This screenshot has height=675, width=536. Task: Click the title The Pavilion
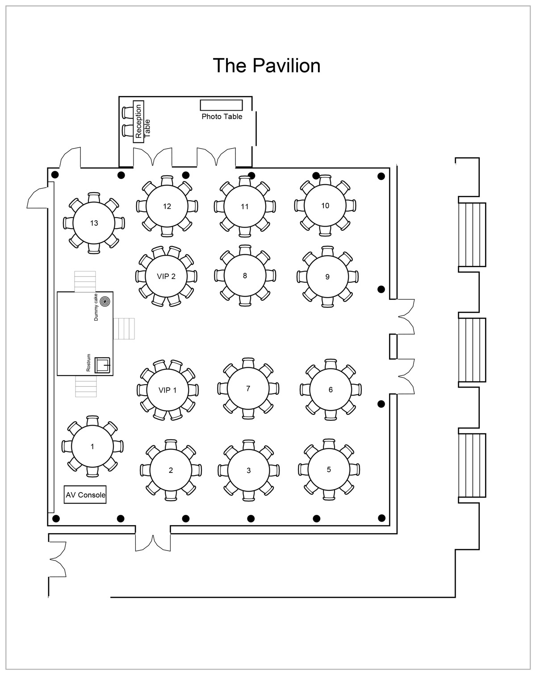pyautogui.click(x=267, y=65)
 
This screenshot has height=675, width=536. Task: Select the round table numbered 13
pyautogui.click(x=94, y=223)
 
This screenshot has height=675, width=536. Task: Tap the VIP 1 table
pyautogui.click(x=167, y=390)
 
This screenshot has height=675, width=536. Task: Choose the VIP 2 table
pyautogui.click(x=166, y=276)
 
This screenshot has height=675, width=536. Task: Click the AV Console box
pyautogui.click(x=85, y=495)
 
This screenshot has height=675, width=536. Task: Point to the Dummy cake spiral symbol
pyautogui.click(x=105, y=302)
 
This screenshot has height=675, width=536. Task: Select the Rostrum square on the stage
pyautogui.click(x=104, y=364)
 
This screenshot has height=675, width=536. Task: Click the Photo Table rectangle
pyautogui.click(x=221, y=105)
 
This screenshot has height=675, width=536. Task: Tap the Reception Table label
pyautogui.click(x=142, y=121)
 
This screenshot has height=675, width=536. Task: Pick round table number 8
pyautogui.click(x=245, y=276)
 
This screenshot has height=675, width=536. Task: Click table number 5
pyautogui.click(x=329, y=469)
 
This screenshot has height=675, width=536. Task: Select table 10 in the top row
pyautogui.click(x=325, y=206)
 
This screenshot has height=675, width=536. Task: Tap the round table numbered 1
pyautogui.click(x=92, y=447)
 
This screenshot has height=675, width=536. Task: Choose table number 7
pyautogui.click(x=248, y=389)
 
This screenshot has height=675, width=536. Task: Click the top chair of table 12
pyautogui.click(x=167, y=180)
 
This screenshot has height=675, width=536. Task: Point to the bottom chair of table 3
pyautogui.click(x=248, y=497)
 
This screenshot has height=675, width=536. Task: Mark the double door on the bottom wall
pyautogui.click(x=153, y=542)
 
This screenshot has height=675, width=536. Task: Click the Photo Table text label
pyautogui.click(x=222, y=116)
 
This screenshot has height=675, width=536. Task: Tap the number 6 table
pyautogui.click(x=331, y=389)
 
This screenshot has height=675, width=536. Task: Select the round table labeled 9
pyautogui.click(x=327, y=277)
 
